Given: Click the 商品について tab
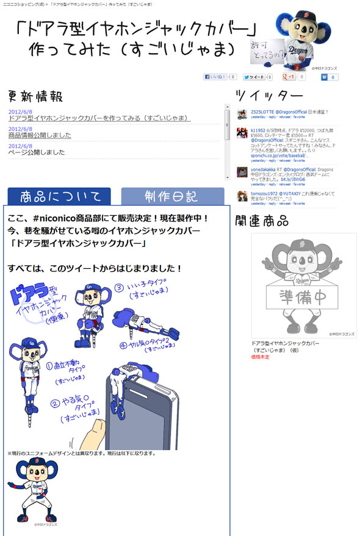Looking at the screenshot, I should pyautogui.click(x=59, y=196).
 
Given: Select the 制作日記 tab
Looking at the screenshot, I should pyautogui.click(x=173, y=196).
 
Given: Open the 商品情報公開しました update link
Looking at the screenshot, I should pyautogui.click(x=40, y=135).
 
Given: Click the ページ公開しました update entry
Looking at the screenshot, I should pyautogui.click(x=37, y=152).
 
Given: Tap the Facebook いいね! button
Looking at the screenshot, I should pyautogui.click(x=215, y=77).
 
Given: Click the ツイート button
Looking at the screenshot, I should pyautogui.click(x=254, y=77).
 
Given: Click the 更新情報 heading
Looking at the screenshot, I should pyautogui.click(x=35, y=97).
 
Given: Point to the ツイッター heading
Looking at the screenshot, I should pyautogui.click(x=269, y=96).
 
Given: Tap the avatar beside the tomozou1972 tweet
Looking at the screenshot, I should pyautogui.click(x=242, y=196).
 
